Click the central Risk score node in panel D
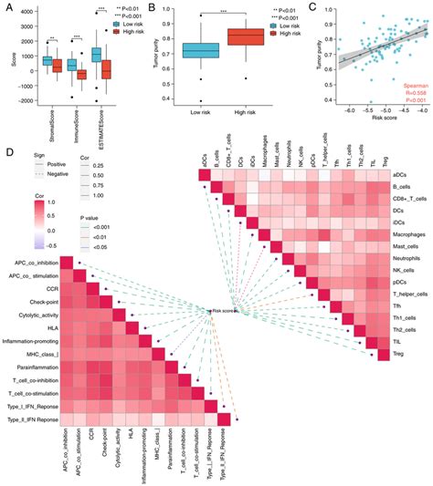click(222, 311)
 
